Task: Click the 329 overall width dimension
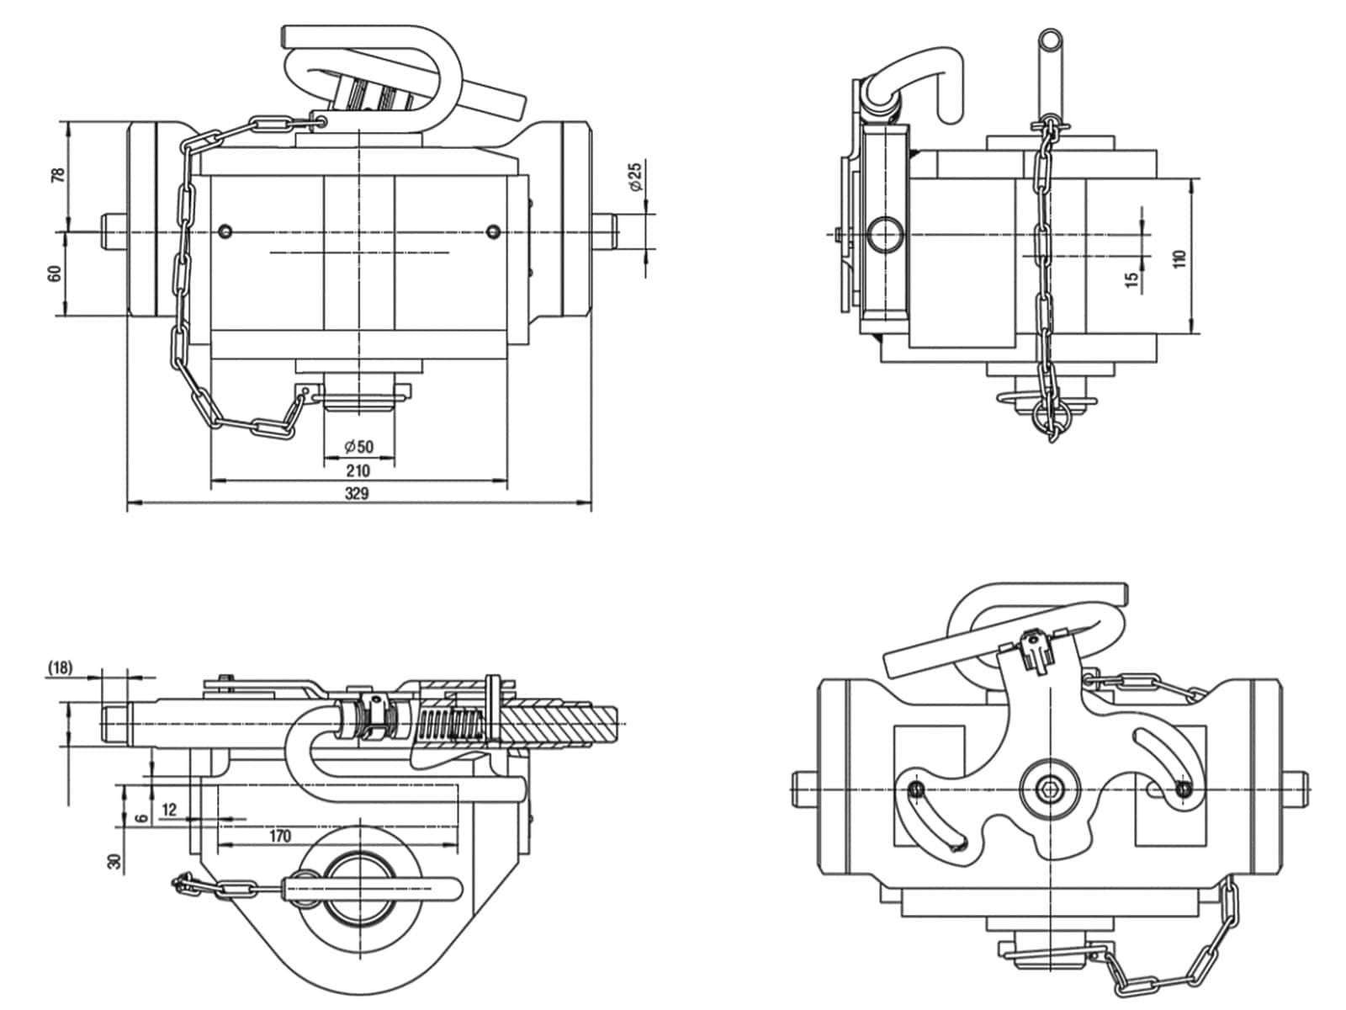click(357, 493)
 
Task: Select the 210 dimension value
click(358, 470)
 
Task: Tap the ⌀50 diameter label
click(358, 446)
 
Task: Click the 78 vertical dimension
click(58, 175)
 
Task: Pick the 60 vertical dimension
click(55, 274)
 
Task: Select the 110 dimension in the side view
click(1179, 258)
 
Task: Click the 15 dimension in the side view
click(1132, 278)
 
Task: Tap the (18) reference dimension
click(60, 667)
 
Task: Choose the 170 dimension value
click(280, 836)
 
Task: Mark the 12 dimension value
click(169, 810)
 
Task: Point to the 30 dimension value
click(114, 862)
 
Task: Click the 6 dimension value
click(141, 818)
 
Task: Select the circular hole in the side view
click(886, 234)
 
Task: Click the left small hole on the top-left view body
click(226, 231)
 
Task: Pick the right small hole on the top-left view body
click(493, 231)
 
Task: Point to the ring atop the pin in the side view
click(1050, 40)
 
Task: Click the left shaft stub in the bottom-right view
click(805, 789)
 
